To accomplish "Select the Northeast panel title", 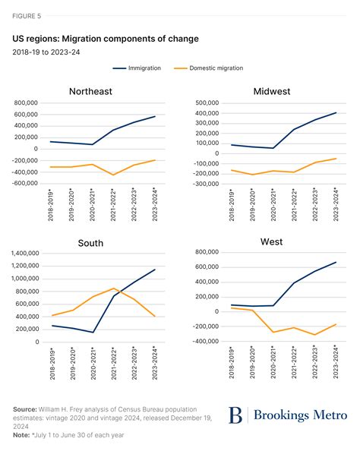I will pyautogui.click(x=90, y=91).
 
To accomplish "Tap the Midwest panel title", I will pyautogui.click(x=273, y=91).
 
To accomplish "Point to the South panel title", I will pyautogui.click(x=90, y=243).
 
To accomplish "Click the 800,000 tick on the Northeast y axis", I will pyautogui.click(x=22, y=102).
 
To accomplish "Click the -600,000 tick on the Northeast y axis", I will pyautogui.click(x=21, y=182).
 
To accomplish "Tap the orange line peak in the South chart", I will pyautogui.click(x=114, y=289).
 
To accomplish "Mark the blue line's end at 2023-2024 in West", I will pyautogui.click(x=336, y=262).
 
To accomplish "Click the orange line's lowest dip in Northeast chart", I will pyautogui.click(x=114, y=175).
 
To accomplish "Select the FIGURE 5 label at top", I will pyautogui.click(x=27, y=16).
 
